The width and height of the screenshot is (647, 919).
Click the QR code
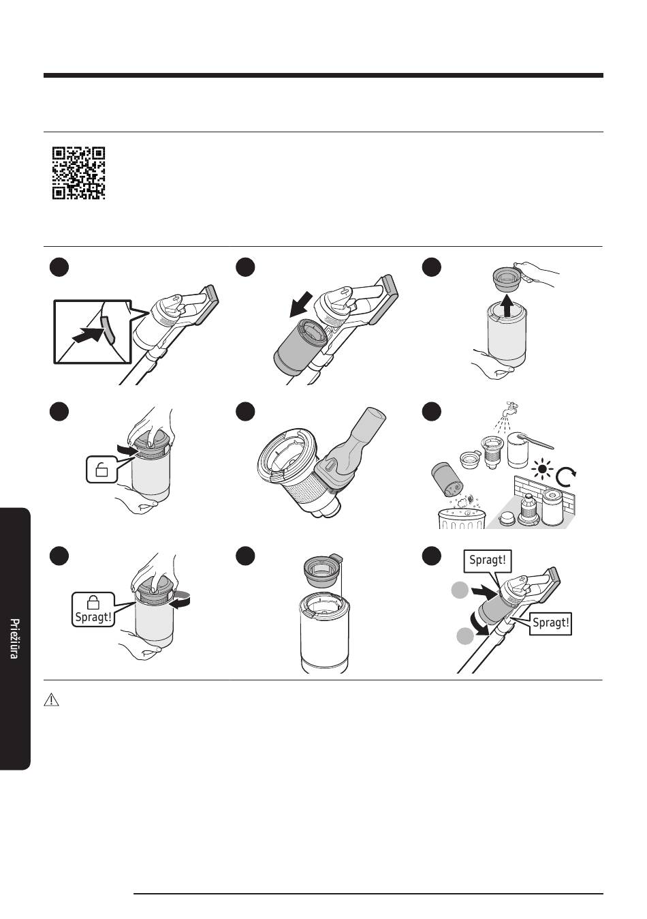78,173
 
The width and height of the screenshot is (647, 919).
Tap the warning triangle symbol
51,699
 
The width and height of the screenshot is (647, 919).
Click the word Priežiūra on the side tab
14,638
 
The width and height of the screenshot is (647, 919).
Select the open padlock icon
101,469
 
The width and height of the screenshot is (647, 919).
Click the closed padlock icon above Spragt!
93,603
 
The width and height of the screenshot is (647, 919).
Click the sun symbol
543,469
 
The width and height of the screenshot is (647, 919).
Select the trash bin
462,519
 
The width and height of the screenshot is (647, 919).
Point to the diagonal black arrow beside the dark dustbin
301,305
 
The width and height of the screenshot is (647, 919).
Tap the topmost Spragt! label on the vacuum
487,560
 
